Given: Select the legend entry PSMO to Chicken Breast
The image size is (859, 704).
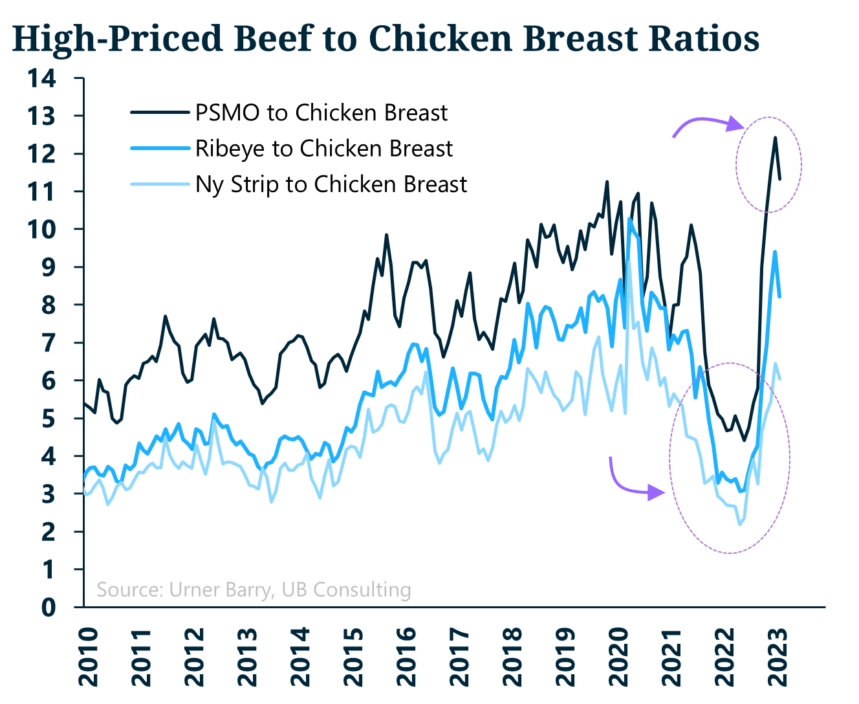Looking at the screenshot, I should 321,113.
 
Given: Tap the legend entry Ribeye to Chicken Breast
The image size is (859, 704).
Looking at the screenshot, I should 323,148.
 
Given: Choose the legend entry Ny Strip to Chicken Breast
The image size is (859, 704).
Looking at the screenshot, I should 331,184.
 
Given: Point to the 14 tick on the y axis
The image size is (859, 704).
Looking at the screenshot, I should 41,78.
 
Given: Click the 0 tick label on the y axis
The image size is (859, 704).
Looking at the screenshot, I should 49,607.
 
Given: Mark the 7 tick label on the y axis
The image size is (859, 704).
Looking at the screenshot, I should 49,342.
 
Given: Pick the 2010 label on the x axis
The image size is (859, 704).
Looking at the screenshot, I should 88,656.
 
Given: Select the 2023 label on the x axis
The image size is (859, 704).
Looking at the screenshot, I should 777,656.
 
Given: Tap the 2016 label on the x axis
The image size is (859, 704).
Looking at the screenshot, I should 406,656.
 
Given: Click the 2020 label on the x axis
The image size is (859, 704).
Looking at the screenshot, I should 618,656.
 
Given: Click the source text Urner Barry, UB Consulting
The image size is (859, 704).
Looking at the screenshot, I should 254,589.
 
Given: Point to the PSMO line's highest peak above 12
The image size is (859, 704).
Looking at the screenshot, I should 775,137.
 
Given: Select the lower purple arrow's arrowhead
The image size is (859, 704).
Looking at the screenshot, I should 657,493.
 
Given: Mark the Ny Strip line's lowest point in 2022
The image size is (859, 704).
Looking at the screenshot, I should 740,524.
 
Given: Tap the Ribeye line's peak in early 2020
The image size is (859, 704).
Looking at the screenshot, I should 629,219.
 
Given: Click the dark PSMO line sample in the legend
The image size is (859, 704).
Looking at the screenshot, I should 159,113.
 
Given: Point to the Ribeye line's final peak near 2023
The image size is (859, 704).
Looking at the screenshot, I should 775,252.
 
